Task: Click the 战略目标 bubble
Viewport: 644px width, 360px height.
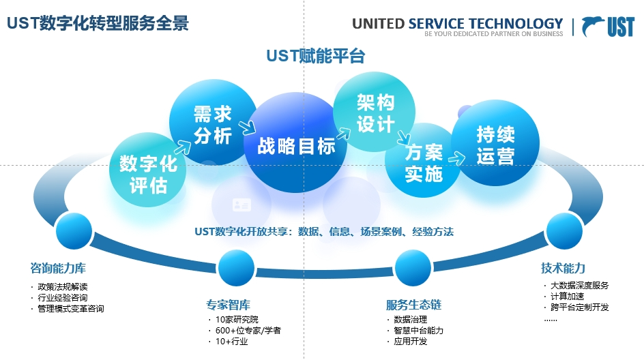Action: (x=295, y=145)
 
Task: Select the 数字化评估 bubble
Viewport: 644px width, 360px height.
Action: (x=148, y=173)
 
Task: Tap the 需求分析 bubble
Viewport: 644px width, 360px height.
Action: (x=212, y=124)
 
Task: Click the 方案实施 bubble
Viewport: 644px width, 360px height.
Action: (x=423, y=163)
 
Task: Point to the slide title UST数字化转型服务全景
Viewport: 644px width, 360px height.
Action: (x=98, y=23)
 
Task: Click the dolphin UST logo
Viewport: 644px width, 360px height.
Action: (x=609, y=27)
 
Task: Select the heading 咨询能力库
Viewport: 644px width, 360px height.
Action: (x=58, y=268)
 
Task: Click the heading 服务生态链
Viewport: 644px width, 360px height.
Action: (x=413, y=304)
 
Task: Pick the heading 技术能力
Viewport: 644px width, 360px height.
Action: (x=563, y=268)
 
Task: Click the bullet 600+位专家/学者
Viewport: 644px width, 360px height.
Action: (x=248, y=330)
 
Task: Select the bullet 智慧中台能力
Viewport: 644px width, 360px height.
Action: (x=418, y=330)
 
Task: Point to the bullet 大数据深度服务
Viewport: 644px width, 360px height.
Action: (x=579, y=286)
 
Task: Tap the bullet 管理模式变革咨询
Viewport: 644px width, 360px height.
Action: (x=71, y=308)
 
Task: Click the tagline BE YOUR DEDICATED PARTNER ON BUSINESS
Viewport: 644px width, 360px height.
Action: (x=494, y=34)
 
